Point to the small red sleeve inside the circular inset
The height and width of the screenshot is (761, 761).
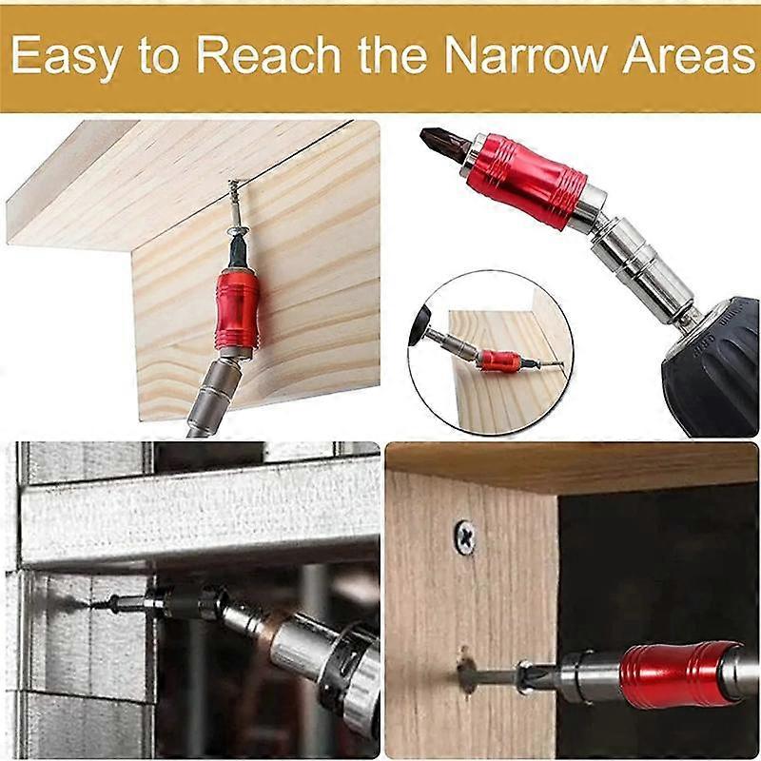498,361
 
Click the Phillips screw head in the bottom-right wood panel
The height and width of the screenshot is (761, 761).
466,535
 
